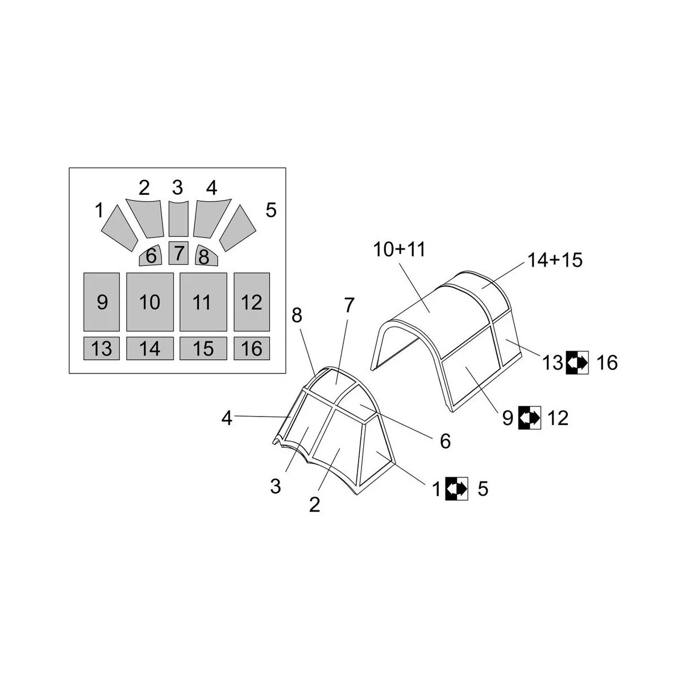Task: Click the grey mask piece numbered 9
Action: pyautogui.click(x=102, y=302)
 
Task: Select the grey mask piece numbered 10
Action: pyautogui.click(x=150, y=302)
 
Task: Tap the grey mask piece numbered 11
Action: pyautogui.click(x=203, y=302)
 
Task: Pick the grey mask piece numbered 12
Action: pyautogui.click(x=251, y=302)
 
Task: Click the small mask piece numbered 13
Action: pyautogui.click(x=102, y=348)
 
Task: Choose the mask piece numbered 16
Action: pyautogui.click(x=251, y=348)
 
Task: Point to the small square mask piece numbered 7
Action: pyautogui.click(x=178, y=252)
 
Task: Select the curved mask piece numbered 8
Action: pyautogui.click(x=203, y=256)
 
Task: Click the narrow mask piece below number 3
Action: pyautogui.click(x=178, y=219)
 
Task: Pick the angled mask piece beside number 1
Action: pyautogui.click(x=119, y=227)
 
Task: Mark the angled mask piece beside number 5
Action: pyautogui.click(x=238, y=227)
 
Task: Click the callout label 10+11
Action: pyautogui.click(x=400, y=249)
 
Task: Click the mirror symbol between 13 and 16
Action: pyautogui.click(x=577, y=362)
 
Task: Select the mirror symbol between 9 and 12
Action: pyautogui.click(x=529, y=418)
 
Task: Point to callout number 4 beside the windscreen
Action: pyautogui.click(x=227, y=419)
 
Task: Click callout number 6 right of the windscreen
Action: pyautogui.click(x=445, y=440)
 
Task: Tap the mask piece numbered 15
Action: pyautogui.click(x=203, y=348)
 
